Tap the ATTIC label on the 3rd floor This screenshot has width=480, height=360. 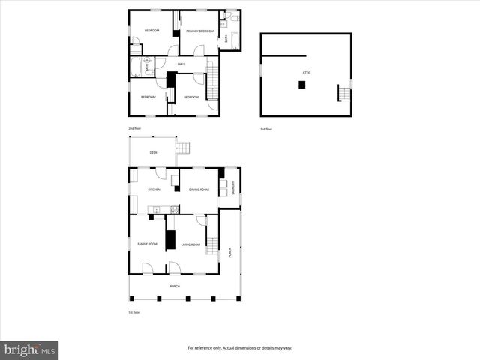pos(307,71)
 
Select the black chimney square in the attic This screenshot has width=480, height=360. pos(301,85)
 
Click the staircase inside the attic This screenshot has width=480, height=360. pos(343,94)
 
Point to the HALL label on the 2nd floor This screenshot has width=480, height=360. pos(181,64)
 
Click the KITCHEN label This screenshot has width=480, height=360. pos(154,189)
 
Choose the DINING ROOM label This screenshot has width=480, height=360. pos(199,189)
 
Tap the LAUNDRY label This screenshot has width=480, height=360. pos(233,187)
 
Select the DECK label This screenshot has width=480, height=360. pos(153,153)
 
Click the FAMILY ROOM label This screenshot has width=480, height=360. pos(147,244)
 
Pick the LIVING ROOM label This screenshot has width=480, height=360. pos(190,244)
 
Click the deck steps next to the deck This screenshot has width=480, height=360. pos(183,148)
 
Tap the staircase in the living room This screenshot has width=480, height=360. pos(212,244)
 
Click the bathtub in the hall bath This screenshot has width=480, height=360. pos(136,69)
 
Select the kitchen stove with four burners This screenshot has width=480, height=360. pos(174,209)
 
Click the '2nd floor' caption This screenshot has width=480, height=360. pos(135,129)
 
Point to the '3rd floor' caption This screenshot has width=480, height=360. pos(266,129)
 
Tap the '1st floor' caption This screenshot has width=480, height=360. pos(134,313)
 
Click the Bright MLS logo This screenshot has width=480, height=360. pos(29,349)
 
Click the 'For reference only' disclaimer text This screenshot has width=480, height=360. pos(239,348)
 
